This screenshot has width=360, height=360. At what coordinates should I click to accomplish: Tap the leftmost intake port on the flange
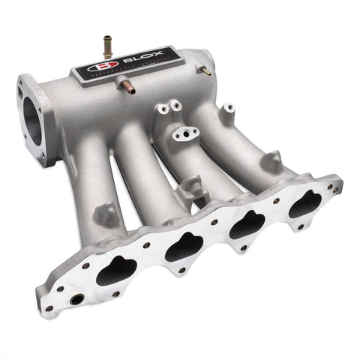[116, 269]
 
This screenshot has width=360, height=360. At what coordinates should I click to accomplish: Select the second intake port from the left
[184, 247]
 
